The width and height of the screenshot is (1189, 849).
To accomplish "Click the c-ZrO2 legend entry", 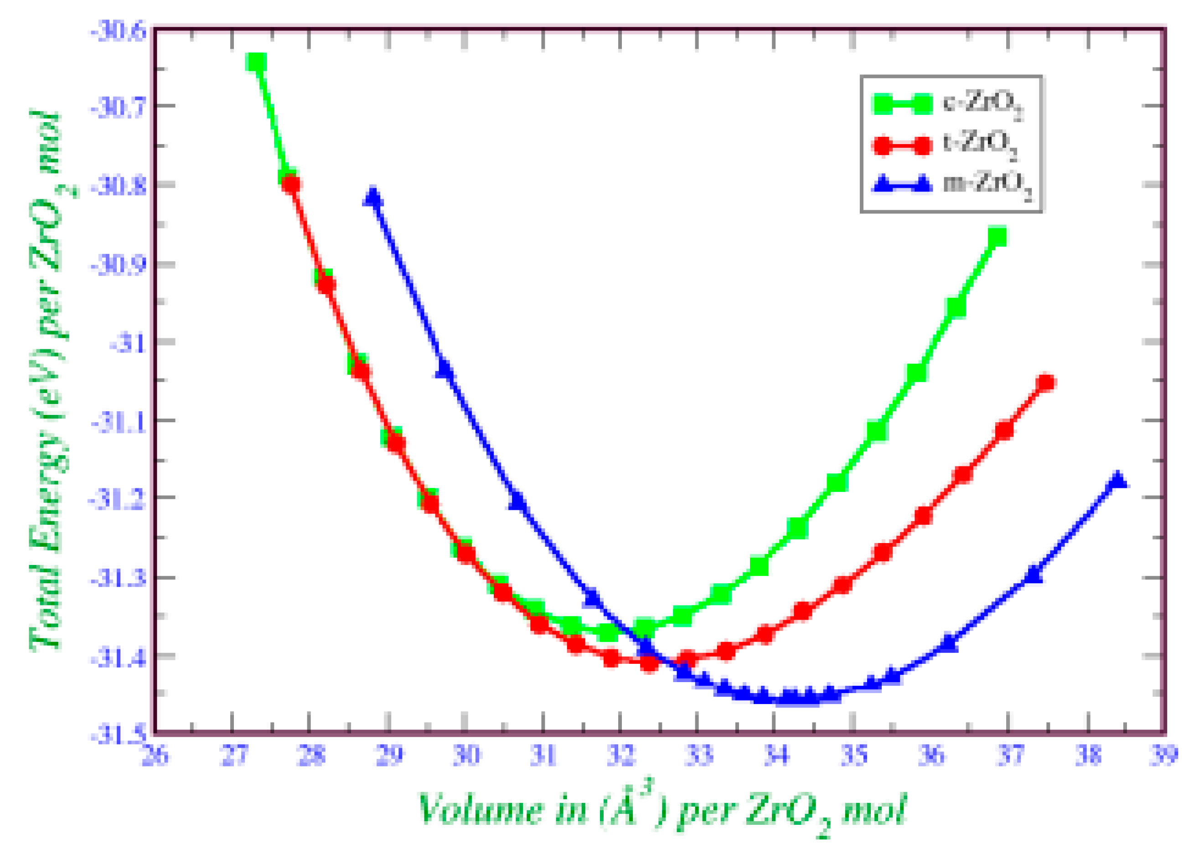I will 948,103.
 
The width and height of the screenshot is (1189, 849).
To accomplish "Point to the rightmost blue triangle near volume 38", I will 1117,480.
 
